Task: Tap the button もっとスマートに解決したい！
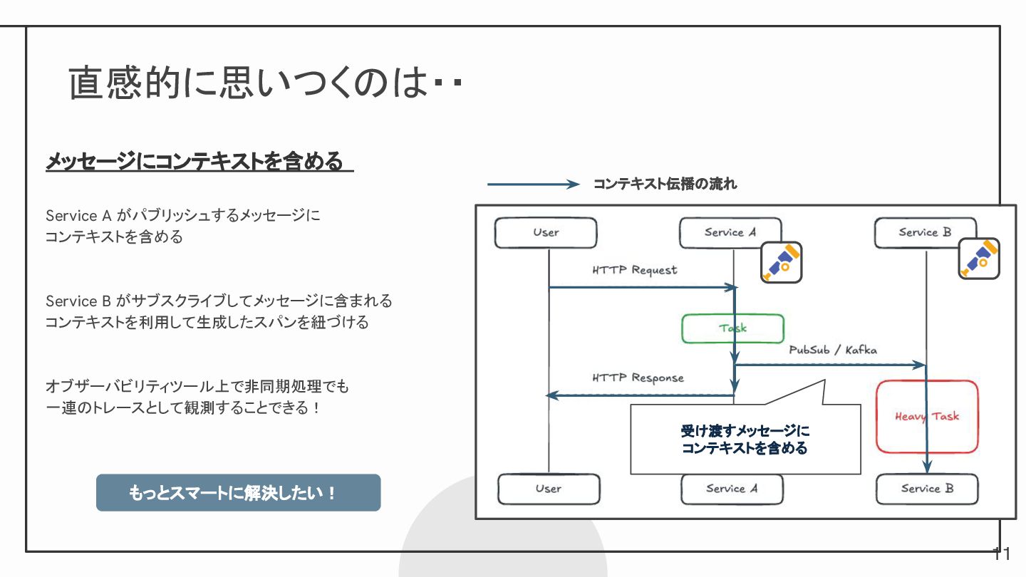coord(238,493)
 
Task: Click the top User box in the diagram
coord(546,233)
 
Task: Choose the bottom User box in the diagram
coord(549,489)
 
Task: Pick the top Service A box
coord(730,233)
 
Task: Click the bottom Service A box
coord(732,489)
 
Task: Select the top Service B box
coord(925,233)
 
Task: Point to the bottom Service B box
coord(927,489)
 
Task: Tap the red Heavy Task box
coord(927,417)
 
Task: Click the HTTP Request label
coord(635,271)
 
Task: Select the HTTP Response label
coord(638,378)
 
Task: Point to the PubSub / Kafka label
coord(833,350)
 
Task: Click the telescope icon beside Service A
coord(781,262)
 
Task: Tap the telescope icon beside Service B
coord(978,259)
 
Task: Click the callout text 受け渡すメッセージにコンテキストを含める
coord(745,440)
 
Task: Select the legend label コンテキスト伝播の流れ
coord(665,184)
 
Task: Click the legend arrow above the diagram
coord(533,184)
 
